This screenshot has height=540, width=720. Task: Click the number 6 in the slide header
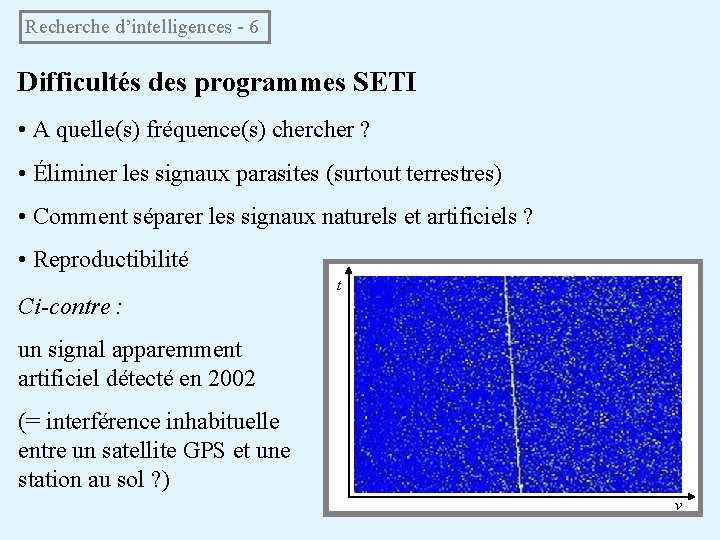[253, 27]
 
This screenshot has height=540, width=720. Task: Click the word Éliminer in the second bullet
[72, 173]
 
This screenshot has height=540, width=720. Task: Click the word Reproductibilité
[111, 260]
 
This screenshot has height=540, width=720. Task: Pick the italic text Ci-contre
[66, 306]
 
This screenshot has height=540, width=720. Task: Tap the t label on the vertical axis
[339, 285]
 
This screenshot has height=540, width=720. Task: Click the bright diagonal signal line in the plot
[512, 380]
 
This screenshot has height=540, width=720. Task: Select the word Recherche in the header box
[63, 27]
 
